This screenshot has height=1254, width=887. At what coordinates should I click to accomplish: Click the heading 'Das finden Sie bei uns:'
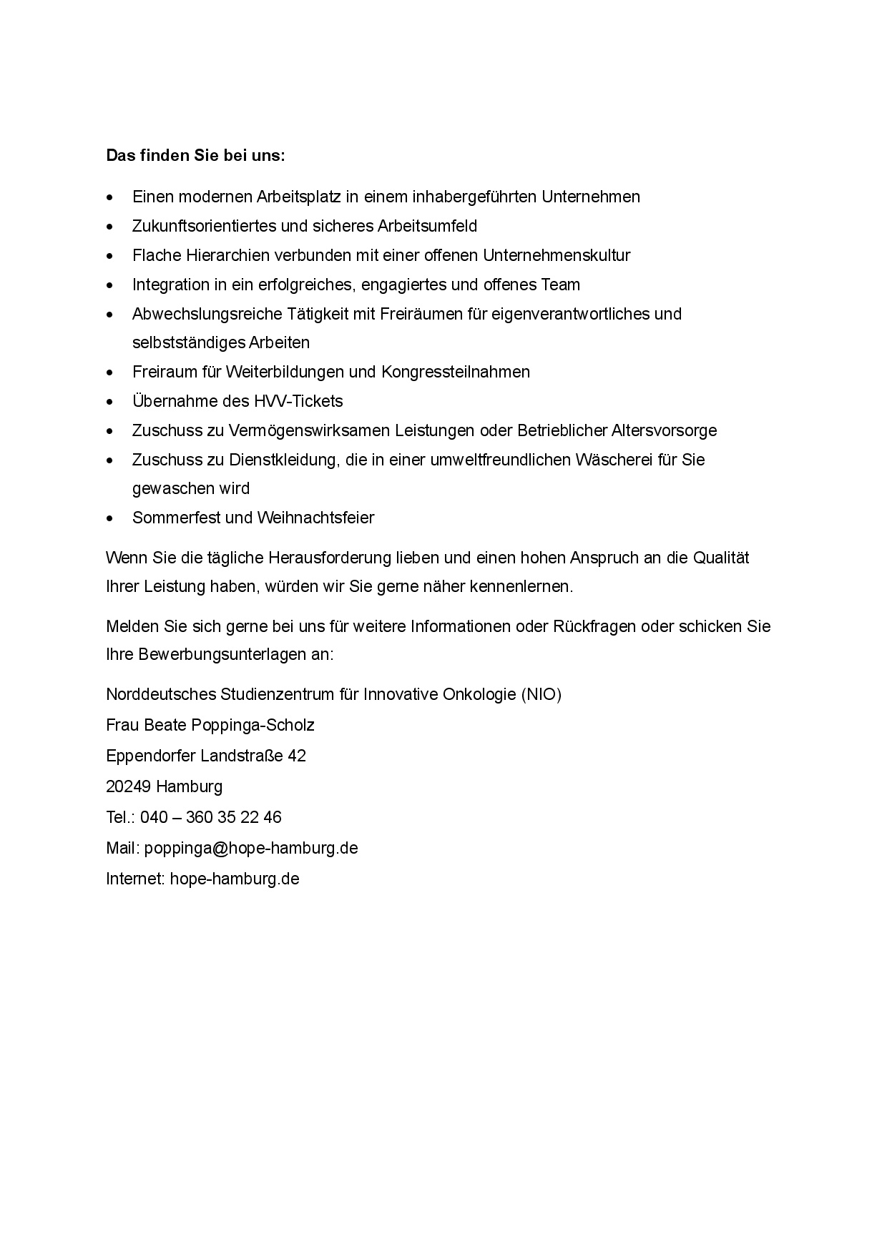(195, 155)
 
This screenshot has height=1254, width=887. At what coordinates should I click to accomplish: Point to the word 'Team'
(561, 285)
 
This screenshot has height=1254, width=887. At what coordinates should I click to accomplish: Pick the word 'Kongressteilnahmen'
(456, 372)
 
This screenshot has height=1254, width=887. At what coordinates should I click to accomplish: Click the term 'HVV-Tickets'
(298, 401)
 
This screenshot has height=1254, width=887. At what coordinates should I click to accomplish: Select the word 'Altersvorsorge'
(665, 430)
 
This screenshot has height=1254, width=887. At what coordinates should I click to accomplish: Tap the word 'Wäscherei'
(640, 460)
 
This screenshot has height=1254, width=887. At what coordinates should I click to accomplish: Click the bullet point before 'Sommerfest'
(109, 518)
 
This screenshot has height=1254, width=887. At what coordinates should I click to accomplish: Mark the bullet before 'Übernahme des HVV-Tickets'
(109, 402)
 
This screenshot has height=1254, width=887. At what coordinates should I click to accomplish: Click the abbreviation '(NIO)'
(541, 694)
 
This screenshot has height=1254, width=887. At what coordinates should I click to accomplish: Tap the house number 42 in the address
(297, 756)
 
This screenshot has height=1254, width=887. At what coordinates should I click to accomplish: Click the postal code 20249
(128, 786)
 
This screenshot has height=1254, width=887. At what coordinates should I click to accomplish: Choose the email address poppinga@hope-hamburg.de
(251, 848)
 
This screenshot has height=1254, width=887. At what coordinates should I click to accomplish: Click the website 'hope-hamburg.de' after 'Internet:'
(235, 879)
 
